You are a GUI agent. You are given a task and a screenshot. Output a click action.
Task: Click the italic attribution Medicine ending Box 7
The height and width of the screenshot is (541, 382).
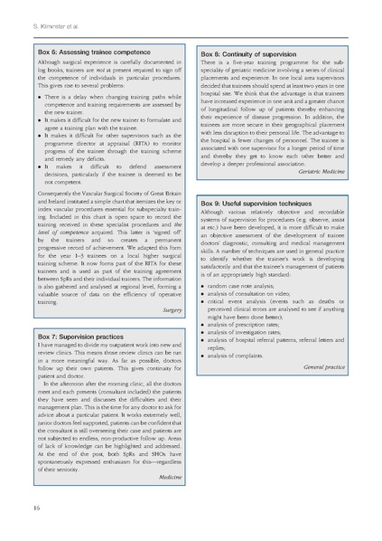point(171,475)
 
